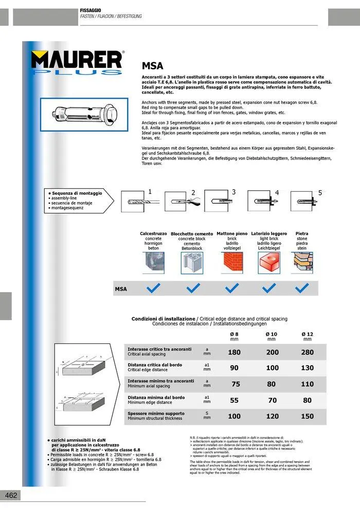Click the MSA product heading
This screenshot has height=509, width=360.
pyautogui.click(x=152, y=66)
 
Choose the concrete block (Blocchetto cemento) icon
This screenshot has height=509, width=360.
pyautogui.click(x=191, y=262)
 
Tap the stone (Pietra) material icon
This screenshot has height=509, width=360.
pyautogui.click(x=302, y=262)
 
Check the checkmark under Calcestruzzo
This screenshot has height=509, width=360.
pyautogui.click(x=153, y=288)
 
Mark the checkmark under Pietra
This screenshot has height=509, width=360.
pyautogui.click(x=302, y=288)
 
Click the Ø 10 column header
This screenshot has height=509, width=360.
pyautogui.click(x=271, y=336)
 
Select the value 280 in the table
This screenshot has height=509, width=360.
pyautogui.click(x=307, y=352)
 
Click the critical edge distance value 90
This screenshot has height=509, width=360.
pyautogui.click(x=234, y=368)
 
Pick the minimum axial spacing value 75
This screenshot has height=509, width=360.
pyautogui.click(x=236, y=384)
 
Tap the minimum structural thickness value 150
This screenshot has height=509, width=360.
pyautogui.click(x=307, y=416)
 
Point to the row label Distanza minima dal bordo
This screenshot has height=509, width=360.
pyautogui.click(x=156, y=397)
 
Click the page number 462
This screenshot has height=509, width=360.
pyautogui.click(x=11, y=495)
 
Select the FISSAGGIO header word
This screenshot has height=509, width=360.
pyautogui.click(x=91, y=10)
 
